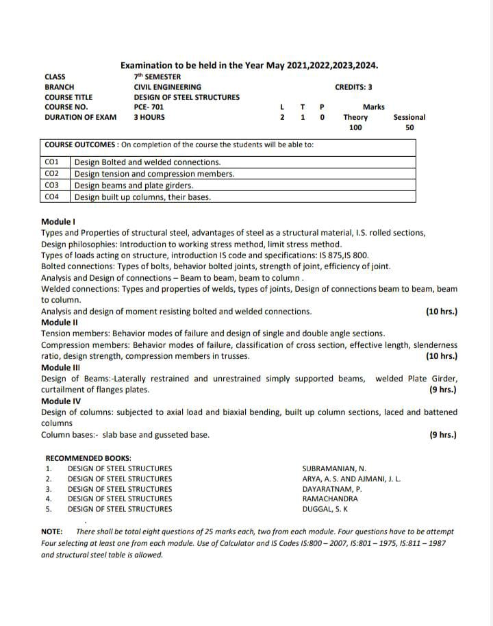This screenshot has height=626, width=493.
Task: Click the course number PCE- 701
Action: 149,107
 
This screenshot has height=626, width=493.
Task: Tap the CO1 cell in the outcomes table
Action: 52,162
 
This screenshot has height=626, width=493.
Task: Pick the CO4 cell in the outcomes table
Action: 52,197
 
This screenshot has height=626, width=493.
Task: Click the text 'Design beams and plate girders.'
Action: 134,186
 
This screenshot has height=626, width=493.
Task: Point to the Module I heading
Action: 58,222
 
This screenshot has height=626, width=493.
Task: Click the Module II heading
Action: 60,323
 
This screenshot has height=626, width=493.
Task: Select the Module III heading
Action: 61,368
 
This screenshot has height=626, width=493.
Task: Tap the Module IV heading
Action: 61,401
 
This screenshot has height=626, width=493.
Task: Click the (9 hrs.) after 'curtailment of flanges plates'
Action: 442,390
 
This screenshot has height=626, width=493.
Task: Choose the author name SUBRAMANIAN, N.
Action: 333,468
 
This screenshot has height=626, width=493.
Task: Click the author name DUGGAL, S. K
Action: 325,509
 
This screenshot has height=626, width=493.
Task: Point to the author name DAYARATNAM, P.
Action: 332,489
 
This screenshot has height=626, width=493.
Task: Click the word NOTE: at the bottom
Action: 52,531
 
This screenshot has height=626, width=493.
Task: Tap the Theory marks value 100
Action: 355,127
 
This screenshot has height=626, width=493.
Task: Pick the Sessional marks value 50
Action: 409,127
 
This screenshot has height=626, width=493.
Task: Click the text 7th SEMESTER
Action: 157,77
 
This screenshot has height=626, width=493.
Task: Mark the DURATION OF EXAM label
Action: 80,117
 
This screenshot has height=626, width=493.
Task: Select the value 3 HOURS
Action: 149,117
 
